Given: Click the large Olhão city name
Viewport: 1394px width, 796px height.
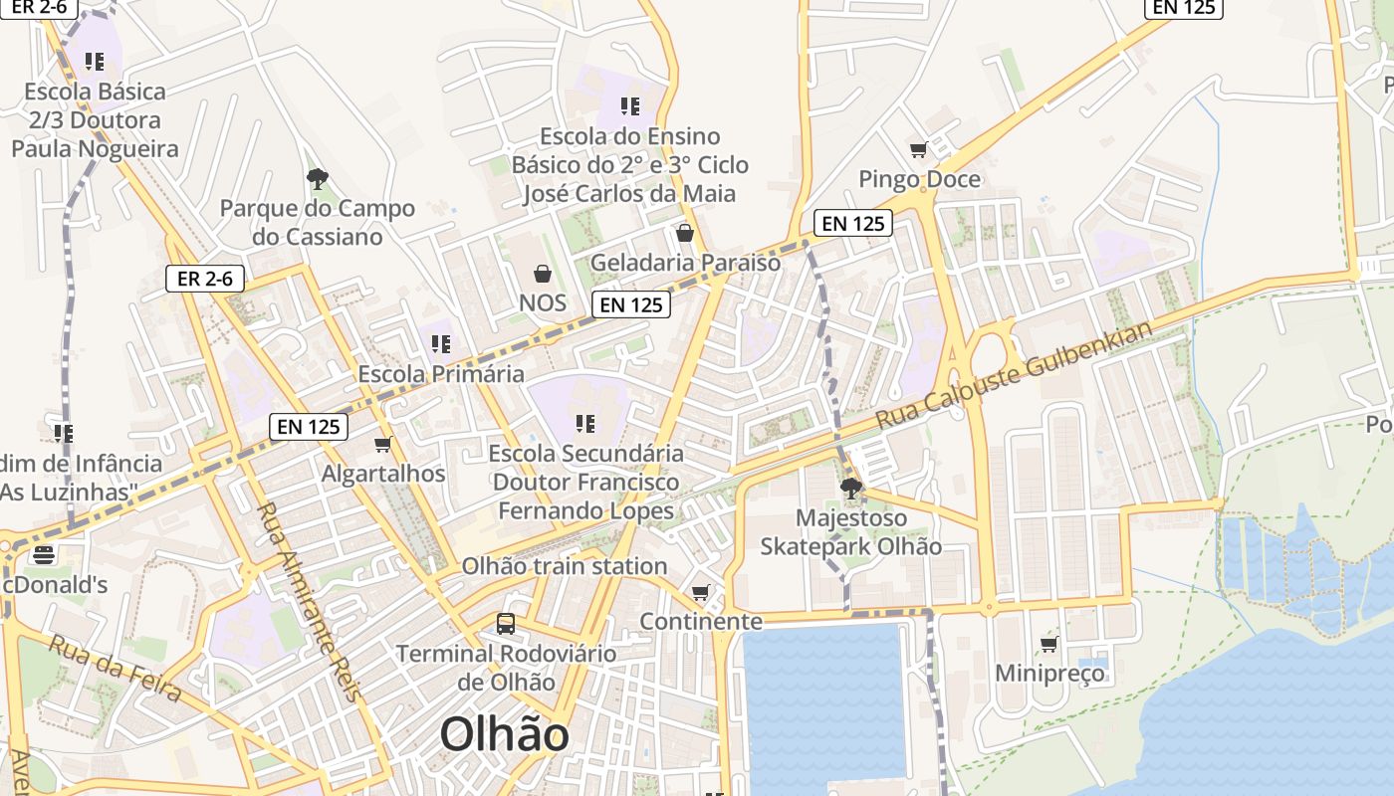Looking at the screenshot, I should [504, 735].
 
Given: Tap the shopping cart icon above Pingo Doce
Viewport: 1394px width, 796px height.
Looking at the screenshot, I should [918, 150].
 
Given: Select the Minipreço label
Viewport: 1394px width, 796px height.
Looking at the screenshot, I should [1049, 674].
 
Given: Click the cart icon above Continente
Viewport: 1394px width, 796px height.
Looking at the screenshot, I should [701, 593].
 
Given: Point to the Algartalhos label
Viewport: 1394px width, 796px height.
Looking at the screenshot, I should [383, 474].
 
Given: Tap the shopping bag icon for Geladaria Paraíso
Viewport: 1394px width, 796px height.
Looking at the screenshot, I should [685, 234].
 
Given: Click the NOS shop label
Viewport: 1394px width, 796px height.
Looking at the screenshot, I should [543, 302].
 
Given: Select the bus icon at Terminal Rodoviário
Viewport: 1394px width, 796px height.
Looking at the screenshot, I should [506, 624].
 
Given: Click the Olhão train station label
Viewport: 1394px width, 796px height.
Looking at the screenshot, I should [564, 566].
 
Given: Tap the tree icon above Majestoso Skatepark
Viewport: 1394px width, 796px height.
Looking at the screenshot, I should [851, 489].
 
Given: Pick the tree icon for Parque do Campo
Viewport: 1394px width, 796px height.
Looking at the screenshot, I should [318, 180].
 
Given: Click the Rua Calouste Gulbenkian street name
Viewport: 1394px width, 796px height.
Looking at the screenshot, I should [1015, 375].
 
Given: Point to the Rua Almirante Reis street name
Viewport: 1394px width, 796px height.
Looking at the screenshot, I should [310, 601].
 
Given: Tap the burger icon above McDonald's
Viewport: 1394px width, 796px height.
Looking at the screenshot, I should [43, 554].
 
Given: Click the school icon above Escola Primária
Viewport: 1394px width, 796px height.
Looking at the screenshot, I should [441, 344].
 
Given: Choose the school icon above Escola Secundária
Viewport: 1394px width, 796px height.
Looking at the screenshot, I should [585, 424].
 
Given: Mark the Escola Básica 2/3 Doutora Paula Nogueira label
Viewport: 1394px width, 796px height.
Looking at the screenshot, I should [95, 120].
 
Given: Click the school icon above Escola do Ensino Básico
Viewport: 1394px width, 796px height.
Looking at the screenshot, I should [629, 105].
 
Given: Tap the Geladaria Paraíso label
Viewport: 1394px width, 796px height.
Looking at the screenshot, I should [685, 263].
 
